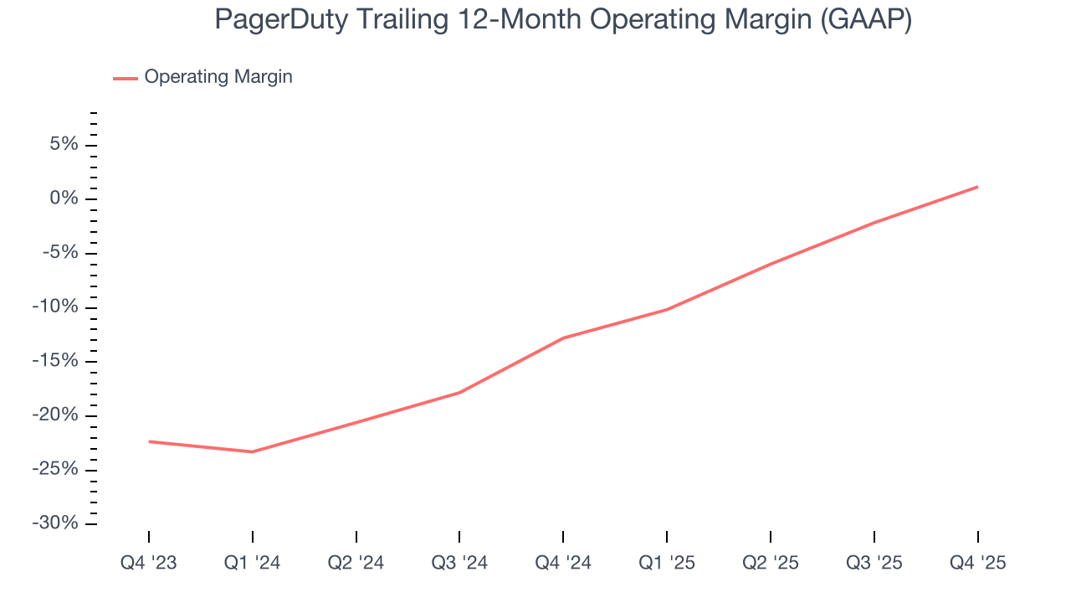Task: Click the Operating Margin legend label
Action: click(218, 77)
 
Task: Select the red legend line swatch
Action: click(126, 78)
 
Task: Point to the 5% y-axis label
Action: click(64, 145)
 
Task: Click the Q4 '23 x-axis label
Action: click(149, 563)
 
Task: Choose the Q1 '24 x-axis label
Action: click(253, 563)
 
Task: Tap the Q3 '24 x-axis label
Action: click(459, 563)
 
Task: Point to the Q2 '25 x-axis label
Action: click(771, 563)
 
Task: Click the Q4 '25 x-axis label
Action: click(977, 563)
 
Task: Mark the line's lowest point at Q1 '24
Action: click(253, 452)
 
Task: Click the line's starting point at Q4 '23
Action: click(149, 441)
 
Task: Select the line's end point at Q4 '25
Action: click(977, 187)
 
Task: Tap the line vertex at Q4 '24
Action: click(563, 338)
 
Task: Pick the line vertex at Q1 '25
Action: click(667, 310)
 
